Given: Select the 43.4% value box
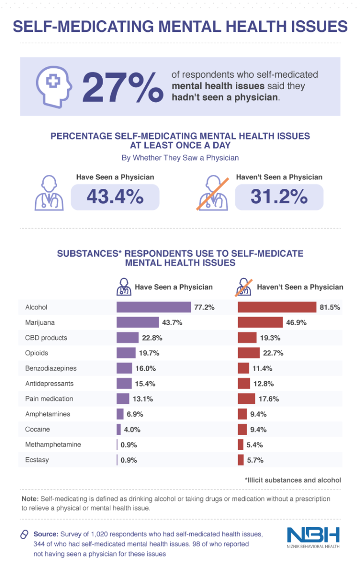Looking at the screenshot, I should [115, 197].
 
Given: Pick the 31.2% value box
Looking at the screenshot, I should [278, 197].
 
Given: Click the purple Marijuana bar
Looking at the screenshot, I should [137, 322].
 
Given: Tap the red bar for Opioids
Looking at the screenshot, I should [248, 353].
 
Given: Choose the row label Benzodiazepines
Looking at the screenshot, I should [51, 368].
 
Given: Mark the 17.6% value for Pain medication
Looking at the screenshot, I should [269, 399].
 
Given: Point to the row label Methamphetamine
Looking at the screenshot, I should [53, 445].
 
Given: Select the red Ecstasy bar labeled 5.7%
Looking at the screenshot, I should [240, 460].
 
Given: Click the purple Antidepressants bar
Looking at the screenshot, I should [124, 384].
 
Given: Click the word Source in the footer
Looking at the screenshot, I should [45, 534].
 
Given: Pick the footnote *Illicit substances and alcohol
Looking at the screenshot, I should [292, 480].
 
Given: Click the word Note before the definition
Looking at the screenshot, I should [30, 499].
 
